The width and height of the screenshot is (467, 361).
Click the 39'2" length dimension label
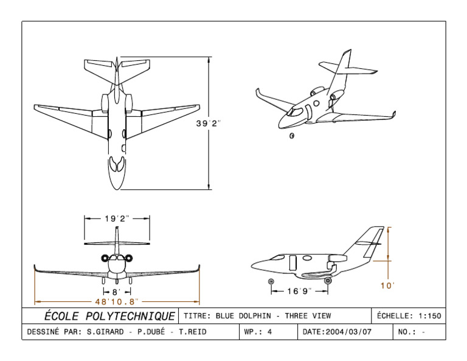[208, 124]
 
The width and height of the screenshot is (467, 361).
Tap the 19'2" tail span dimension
[117, 219]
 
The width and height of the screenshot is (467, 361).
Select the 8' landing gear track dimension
[116, 292]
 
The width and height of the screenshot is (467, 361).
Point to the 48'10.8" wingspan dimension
[117, 301]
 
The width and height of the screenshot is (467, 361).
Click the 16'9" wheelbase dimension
[299, 291]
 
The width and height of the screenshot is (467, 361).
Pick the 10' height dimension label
[387, 286]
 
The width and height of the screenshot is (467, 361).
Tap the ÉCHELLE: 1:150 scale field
[409, 316]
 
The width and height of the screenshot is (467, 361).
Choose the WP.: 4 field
[258, 332]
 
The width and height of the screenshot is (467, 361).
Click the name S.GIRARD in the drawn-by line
[105, 332]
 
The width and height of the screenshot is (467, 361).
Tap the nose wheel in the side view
[271, 281]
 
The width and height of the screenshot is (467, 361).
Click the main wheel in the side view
[328, 281]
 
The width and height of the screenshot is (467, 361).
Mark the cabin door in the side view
[292, 263]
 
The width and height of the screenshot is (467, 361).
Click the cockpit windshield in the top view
[117, 165]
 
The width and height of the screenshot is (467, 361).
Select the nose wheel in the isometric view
[292, 135]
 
